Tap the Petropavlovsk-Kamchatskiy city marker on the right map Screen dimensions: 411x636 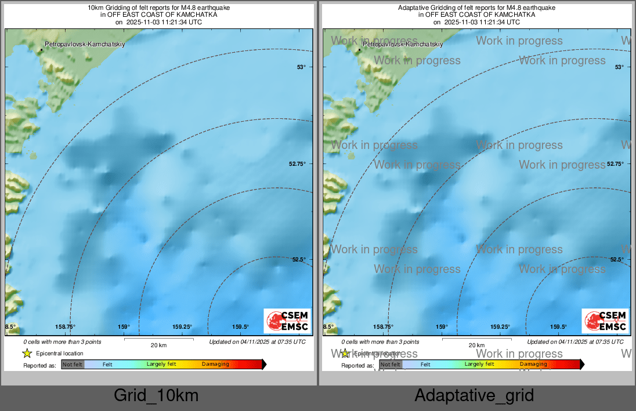point(360,50)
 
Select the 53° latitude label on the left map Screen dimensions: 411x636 point(301,67)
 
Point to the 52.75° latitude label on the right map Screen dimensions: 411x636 point(619,164)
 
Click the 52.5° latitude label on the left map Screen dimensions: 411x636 point(299,260)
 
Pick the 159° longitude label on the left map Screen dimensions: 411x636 point(125,327)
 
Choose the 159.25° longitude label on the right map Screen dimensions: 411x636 point(501,327)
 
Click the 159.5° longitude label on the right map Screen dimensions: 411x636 point(558,327)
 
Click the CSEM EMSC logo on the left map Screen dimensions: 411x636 point(287,321)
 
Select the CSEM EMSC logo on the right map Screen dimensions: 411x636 point(605,321)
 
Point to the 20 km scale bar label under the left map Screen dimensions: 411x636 point(158,345)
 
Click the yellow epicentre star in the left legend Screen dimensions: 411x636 point(27,353)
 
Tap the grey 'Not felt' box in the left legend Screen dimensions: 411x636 point(73,365)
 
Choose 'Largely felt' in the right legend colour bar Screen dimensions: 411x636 point(479,364)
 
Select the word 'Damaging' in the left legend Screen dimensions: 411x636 point(215,365)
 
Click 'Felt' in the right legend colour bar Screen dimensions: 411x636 point(425,365)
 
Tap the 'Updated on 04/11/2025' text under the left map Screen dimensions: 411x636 point(257,342)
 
